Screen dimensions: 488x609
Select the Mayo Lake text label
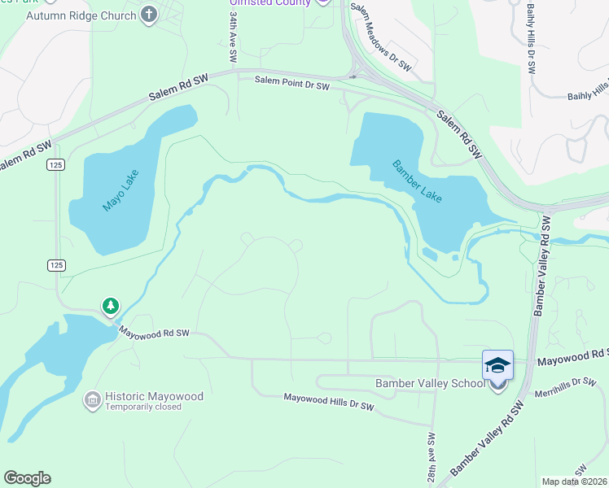coord(121,190)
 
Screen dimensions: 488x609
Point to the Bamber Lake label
coord(417,181)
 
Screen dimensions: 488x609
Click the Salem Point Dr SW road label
coord(291,82)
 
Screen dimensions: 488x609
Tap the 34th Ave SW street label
coord(233,37)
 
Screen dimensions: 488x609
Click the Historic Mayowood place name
coord(154,396)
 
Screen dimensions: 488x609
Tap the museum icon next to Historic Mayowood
coord(91,399)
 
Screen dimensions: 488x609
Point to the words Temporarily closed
coord(143,407)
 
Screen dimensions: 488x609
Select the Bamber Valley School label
coord(430,383)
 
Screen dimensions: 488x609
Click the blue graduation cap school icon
coord(497,366)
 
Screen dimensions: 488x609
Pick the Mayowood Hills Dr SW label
coord(328,401)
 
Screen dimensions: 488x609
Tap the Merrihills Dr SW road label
coord(565,387)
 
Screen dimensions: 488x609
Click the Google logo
coord(27,478)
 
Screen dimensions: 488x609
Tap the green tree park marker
coord(110,306)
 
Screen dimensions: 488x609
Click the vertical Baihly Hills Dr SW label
coord(531,40)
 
